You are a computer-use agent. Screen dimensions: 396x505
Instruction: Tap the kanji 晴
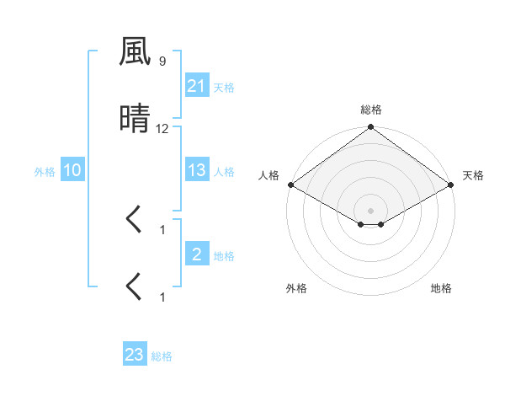coord(135,120)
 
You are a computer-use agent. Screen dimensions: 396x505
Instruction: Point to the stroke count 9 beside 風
coord(162,62)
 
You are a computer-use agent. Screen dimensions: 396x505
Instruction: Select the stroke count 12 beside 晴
coord(162,129)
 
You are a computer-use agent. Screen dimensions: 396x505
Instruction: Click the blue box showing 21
coord(196,85)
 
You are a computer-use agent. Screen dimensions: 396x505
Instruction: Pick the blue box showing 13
coord(196,170)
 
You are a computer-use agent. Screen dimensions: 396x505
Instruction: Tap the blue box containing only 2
coord(196,254)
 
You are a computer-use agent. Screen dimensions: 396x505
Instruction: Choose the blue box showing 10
coord(72,170)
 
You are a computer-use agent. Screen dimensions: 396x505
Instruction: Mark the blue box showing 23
coord(134,355)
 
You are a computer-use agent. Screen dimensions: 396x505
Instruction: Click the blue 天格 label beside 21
coord(224,87)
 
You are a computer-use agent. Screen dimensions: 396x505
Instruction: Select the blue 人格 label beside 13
coord(224,172)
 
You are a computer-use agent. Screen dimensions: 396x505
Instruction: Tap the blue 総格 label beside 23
coord(162,356)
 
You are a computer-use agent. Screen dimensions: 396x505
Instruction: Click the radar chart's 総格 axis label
coord(370,110)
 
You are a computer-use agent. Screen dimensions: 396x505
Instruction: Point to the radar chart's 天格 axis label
coord(473,175)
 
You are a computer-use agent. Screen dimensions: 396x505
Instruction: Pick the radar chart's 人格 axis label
coord(268,175)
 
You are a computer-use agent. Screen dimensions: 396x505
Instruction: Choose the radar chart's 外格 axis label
coord(296,288)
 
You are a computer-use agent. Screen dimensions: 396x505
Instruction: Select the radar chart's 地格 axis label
coord(441,288)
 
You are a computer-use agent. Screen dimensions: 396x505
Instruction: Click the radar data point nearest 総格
coord(370,128)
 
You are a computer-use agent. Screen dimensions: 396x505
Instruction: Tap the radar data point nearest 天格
coord(451,185)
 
